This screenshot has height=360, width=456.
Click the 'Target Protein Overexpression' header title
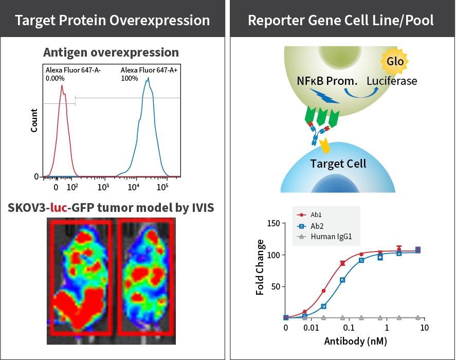[113, 20]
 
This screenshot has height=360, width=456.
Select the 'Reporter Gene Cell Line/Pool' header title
[341, 20]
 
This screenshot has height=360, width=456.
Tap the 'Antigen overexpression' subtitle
[111, 52]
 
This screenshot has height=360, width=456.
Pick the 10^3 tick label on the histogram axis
[104, 187]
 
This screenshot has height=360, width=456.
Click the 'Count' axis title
[34, 121]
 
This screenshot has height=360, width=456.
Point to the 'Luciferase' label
[391, 81]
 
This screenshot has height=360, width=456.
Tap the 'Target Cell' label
[338, 164]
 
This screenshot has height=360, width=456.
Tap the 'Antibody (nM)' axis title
[355, 341]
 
